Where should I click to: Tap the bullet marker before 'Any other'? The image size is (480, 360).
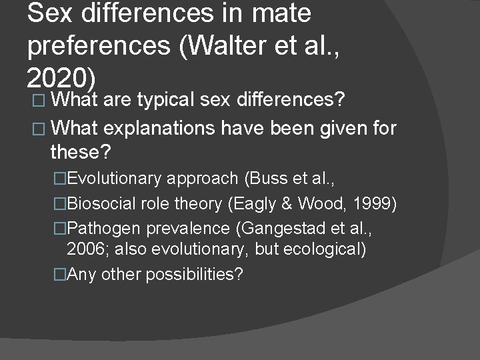pos(61,275)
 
